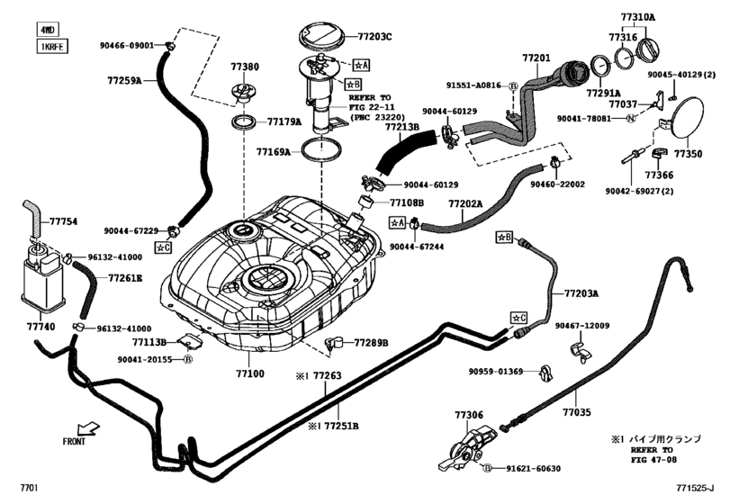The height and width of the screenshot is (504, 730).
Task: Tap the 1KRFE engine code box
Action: point(52,46)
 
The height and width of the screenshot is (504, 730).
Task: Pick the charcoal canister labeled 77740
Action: point(40,274)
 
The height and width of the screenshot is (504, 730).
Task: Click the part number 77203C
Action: point(375,37)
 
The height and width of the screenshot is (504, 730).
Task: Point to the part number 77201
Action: point(535,58)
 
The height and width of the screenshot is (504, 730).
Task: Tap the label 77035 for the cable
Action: point(577,413)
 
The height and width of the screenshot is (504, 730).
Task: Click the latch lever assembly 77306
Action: point(468,447)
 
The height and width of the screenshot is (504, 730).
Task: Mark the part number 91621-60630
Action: point(532,469)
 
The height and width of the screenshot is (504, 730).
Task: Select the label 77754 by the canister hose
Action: point(63,220)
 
